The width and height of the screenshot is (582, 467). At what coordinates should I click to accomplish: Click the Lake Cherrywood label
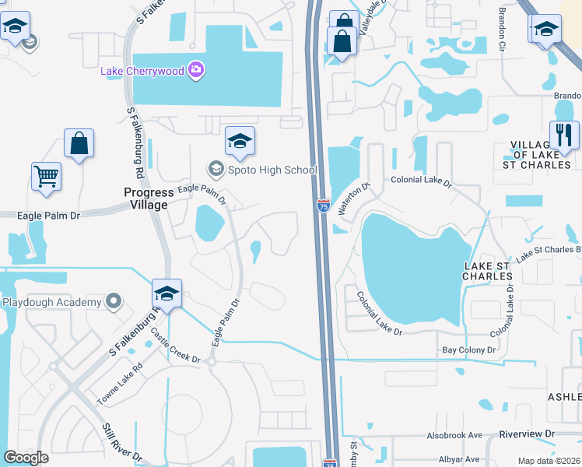point(142,71)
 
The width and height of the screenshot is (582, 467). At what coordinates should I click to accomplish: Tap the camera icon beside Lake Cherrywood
point(195,71)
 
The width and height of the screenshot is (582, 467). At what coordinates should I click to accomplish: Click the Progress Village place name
point(146,198)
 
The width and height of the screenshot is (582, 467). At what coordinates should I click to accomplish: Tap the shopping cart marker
point(46,176)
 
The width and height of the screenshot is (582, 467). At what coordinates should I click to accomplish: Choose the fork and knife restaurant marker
point(563,135)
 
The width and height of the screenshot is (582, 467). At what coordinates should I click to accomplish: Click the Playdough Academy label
point(51,302)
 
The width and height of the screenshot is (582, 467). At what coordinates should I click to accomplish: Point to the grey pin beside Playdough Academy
point(114,300)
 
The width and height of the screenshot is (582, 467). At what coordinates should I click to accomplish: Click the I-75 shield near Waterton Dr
point(323,205)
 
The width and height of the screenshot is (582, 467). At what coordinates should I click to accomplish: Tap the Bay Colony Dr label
point(468,350)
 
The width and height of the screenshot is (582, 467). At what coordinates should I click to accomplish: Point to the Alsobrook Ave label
point(455,436)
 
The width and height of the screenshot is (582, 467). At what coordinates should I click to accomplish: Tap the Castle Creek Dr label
point(176,347)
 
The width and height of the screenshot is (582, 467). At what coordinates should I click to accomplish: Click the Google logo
point(26,457)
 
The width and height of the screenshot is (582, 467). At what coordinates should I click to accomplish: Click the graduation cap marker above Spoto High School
point(240,141)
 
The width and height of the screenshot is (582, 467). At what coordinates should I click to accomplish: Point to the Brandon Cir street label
point(502,31)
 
